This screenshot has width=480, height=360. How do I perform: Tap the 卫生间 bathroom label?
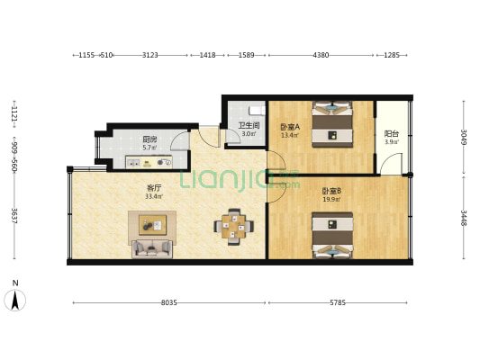(x=249, y=126)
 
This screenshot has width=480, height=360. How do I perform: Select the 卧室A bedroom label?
(x=289, y=127)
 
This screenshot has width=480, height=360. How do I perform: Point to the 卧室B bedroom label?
(x=331, y=190)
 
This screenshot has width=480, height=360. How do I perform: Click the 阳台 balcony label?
(x=392, y=133)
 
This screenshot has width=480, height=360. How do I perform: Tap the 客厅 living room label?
(x=154, y=188)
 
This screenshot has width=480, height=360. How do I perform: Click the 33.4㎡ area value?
(x=154, y=196)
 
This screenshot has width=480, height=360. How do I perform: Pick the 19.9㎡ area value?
(x=331, y=199)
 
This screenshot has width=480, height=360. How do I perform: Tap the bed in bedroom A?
(x=331, y=124)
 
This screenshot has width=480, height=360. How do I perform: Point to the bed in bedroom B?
(x=331, y=235)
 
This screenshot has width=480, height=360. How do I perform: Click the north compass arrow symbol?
(x=14, y=299)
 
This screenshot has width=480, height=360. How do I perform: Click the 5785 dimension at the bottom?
(x=337, y=303)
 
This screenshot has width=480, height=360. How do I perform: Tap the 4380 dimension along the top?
(x=321, y=56)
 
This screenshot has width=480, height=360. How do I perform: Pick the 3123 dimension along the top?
(x=150, y=56)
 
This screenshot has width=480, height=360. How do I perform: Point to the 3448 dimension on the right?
(x=464, y=218)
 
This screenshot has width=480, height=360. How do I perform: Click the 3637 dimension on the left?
(x=14, y=216)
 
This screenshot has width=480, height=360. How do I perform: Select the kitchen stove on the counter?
(x=164, y=163)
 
